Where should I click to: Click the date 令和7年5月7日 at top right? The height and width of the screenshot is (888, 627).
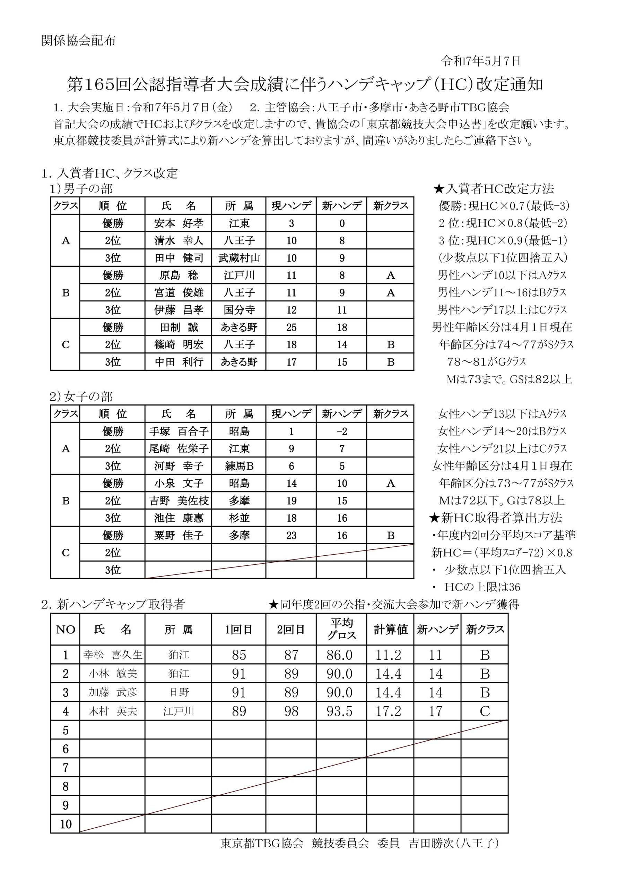[x=480, y=61]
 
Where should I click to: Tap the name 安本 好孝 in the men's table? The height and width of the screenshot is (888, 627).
[x=178, y=223]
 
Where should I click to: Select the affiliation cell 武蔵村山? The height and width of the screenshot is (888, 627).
[x=239, y=258]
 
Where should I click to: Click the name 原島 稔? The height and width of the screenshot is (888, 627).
[x=178, y=275]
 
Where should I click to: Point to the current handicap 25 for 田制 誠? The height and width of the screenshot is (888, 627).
[x=291, y=327]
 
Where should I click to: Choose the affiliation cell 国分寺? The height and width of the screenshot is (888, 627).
[x=239, y=310]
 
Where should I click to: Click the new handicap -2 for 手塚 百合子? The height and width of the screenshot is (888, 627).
[x=342, y=431]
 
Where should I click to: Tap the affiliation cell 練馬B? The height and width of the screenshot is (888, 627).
[x=239, y=466]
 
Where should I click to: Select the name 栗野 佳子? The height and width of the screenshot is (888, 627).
[x=178, y=536]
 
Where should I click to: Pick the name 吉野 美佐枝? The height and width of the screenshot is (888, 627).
[x=178, y=501]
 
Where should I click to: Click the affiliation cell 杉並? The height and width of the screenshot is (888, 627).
[x=239, y=518]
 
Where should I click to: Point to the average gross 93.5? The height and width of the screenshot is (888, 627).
[x=339, y=711]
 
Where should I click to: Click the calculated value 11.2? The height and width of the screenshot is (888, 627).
[x=389, y=655]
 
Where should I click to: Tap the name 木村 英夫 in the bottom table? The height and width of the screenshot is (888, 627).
[x=113, y=711]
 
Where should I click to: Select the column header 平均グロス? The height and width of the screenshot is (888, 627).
[x=342, y=629]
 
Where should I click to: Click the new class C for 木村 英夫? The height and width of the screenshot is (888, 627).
[x=485, y=711]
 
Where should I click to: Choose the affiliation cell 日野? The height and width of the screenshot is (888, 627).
[x=178, y=692]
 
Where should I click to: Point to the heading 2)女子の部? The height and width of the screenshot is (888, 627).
[x=81, y=397]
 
